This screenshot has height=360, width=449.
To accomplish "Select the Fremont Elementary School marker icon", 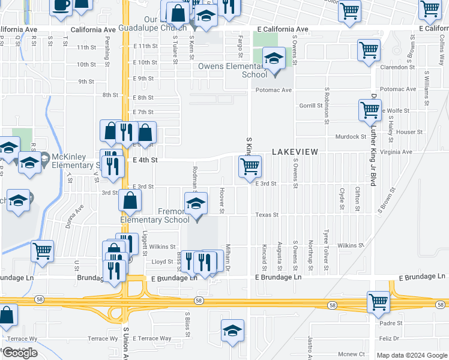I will point(196,204).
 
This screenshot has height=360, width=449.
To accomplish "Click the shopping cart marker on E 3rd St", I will point(250,166).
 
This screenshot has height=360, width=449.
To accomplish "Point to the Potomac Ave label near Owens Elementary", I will point(273,90).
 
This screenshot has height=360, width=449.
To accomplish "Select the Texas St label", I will point(267,214).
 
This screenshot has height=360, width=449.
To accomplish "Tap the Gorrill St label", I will point(311,106).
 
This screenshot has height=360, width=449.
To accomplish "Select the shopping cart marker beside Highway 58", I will point(378,302).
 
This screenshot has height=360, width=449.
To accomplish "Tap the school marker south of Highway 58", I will point(233,331).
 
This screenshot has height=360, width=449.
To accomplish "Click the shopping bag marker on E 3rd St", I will point(130,202).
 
